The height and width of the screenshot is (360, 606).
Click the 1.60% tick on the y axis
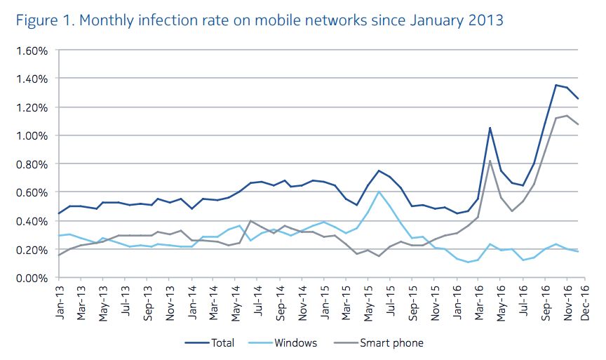tap(29, 51)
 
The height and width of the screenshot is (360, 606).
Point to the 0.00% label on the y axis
tap(29, 278)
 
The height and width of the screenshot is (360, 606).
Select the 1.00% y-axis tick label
tap(29, 135)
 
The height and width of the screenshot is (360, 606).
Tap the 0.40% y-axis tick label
tap(29, 221)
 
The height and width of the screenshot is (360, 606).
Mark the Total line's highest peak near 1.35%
tap(555, 86)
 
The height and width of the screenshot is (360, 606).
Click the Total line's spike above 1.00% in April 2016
tap(490, 128)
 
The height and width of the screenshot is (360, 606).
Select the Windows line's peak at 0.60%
tap(379, 192)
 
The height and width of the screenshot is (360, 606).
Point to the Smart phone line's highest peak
tap(567, 116)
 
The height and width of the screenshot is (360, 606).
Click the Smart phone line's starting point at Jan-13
tap(59, 255)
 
